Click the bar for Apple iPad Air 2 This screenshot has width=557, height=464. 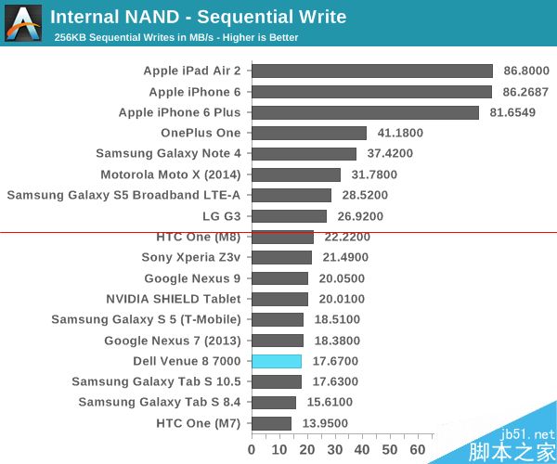(x=371, y=71)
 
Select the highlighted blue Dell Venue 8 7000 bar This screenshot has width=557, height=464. (x=277, y=361)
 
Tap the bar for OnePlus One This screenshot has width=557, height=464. (x=308, y=134)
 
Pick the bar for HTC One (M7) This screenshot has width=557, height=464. (x=271, y=423)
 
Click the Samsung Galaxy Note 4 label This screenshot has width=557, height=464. (x=168, y=154)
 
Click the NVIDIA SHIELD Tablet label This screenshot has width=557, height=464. (x=174, y=299)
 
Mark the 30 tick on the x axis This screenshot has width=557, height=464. (x=334, y=450)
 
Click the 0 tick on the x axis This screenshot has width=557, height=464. (x=252, y=450)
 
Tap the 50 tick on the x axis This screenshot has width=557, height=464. (x=390, y=450)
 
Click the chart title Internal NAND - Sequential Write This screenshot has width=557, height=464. (x=198, y=17)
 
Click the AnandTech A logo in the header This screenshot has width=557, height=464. (x=23, y=23)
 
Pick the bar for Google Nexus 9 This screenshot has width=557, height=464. (x=279, y=278)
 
